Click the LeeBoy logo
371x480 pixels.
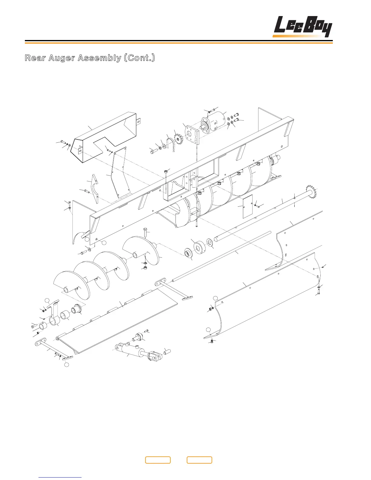(302, 27)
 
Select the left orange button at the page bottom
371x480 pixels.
(158, 460)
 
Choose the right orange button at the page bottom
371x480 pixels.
(199, 460)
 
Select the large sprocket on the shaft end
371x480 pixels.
(312, 191)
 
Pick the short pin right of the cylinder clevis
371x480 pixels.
(167, 352)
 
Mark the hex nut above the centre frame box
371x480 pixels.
(166, 172)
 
